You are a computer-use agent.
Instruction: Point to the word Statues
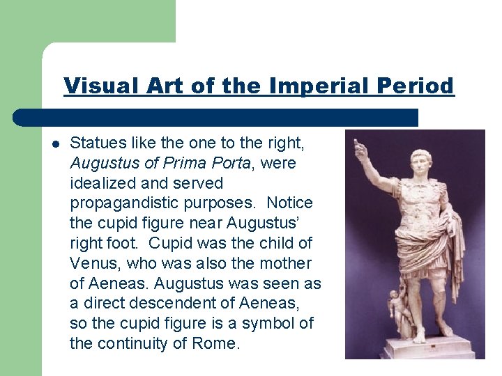tap(96, 143)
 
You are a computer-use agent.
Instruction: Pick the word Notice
tap(289, 204)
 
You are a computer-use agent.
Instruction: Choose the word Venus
tap(92, 264)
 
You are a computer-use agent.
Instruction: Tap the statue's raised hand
tap(360, 148)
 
